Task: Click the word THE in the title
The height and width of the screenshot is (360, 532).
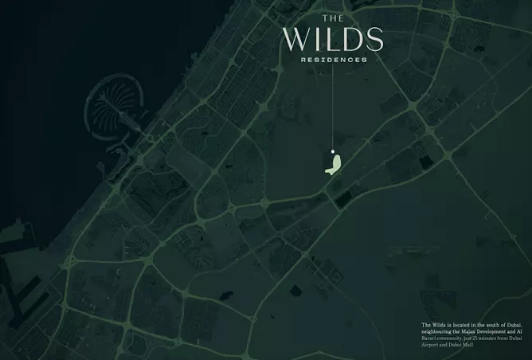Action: (332, 18)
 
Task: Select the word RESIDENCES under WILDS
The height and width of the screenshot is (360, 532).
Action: (334, 60)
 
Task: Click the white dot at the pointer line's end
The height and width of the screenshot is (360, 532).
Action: (332, 149)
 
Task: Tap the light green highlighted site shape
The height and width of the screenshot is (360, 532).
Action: (334, 164)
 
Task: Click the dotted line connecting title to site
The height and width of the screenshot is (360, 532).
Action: (332, 104)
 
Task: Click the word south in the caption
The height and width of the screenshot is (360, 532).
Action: (487, 325)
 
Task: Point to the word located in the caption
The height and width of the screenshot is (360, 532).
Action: (461, 325)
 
